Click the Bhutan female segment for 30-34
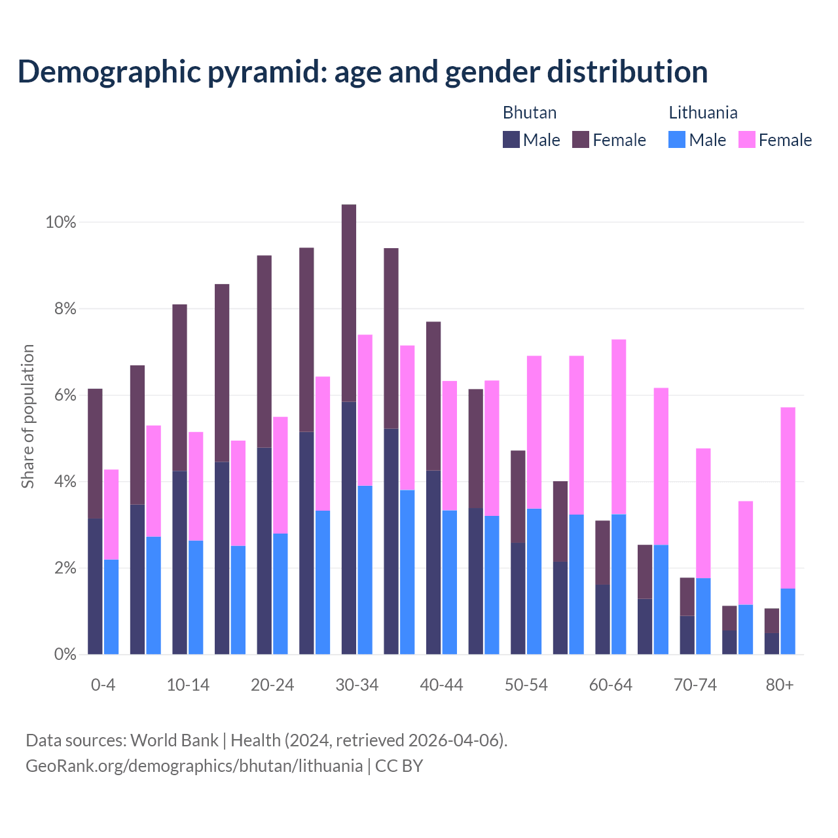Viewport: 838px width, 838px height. coord(349,302)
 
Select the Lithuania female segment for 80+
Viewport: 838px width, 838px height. coord(788,498)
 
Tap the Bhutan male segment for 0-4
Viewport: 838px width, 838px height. coord(95,586)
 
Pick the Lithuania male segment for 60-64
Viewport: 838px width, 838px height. coord(619,584)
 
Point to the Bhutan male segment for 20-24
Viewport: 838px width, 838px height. coord(264,551)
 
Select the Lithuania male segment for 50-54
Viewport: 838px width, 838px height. coord(534,581)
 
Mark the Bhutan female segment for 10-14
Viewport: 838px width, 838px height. coord(179,388)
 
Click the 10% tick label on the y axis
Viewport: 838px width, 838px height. coord(61,223)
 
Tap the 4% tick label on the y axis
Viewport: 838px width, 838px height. coord(65,482)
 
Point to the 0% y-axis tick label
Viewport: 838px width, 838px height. coord(65,655)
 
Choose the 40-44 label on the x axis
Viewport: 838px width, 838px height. coord(441,685)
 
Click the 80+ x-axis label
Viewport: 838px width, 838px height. coord(780,685)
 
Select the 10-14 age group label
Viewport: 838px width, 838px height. coord(188,685)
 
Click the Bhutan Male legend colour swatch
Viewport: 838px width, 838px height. coord(511,139)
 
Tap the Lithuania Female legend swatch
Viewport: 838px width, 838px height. coord(747,139)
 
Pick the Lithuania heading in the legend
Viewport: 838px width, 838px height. coord(703,113)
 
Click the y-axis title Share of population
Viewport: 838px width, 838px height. coord(27,416)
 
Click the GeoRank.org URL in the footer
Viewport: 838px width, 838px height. coord(194,765)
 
